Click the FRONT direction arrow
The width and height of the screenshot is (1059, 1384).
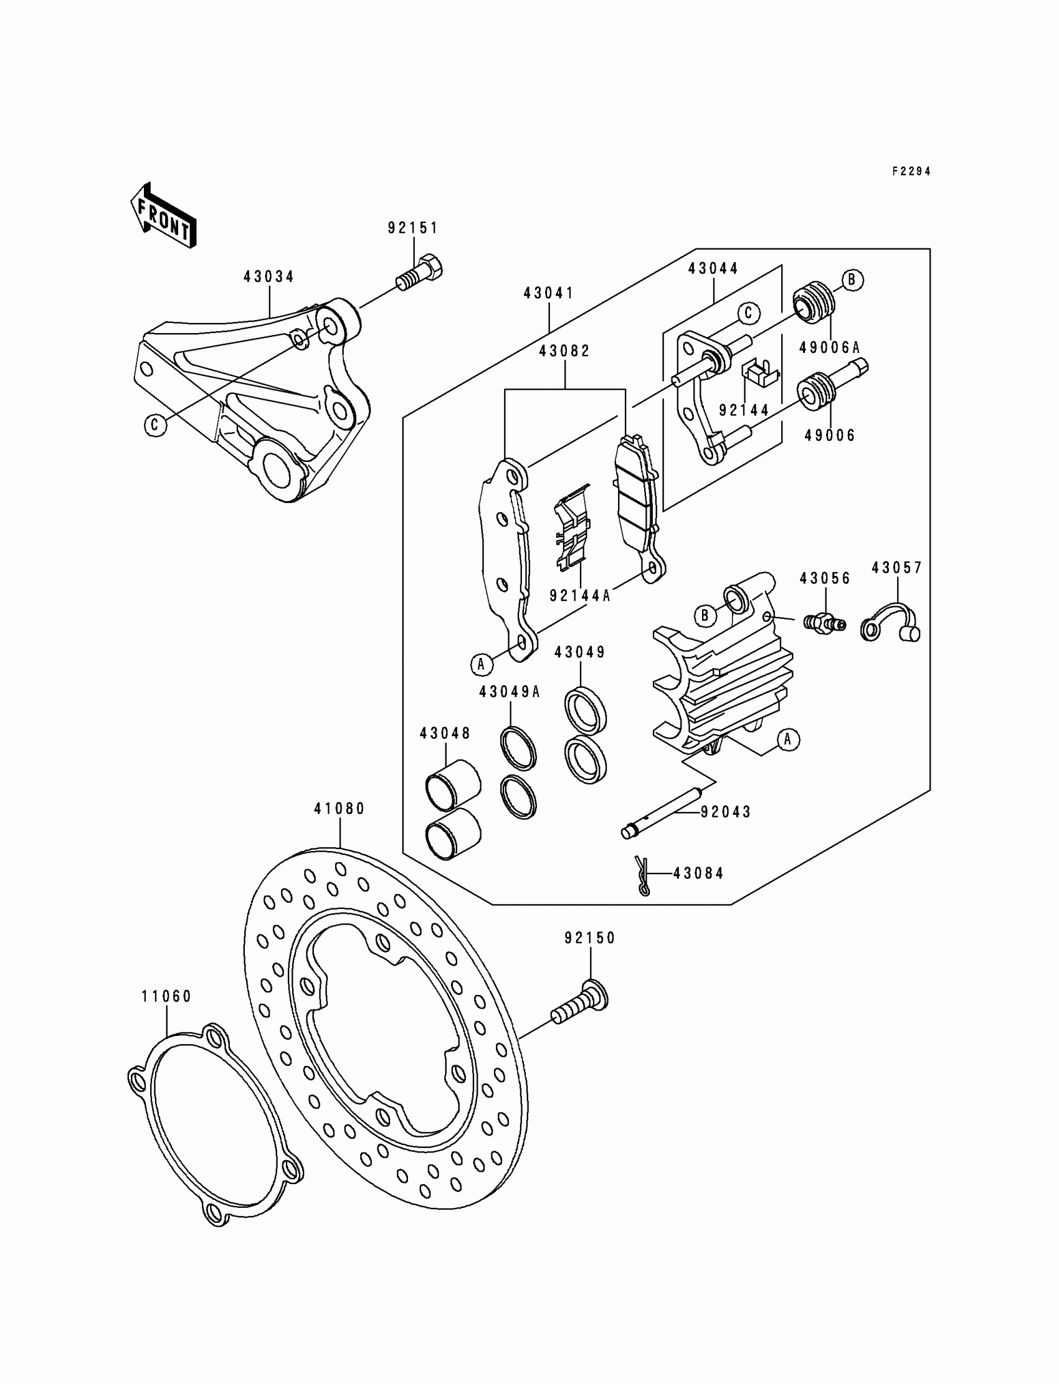pyautogui.click(x=163, y=216)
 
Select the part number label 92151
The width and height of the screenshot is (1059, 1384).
pyautogui.click(x=412, y=228)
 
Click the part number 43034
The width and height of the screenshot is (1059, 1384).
pyautogui.click(x=269, y=276)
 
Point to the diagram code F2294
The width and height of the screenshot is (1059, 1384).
pyautogui.click(x=911, y=171)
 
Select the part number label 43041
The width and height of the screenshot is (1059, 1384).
pyautogui.click(x=548, y=294)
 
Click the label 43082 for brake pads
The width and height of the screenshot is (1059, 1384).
pyautogui.click(x=564, y=351)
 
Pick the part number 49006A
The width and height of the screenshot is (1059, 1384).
pyautogui.click(x=829, y=347)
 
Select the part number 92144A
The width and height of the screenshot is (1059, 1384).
pyautogui.click(x=580, y=595)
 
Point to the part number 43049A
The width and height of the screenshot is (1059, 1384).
pyautogui.click(x=510, y=692)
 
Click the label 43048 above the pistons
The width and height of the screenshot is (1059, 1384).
pyautogui.click(x=445, y=733)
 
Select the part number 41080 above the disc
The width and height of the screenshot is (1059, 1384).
pyautogui.click(x=340, y=809)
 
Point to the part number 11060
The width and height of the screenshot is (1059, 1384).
pyautogui.click(x=166, y=996)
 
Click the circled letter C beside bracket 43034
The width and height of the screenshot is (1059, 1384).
pyautogui.click(x=155, y=425)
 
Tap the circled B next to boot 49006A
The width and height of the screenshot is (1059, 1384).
pyautogui.click(x=852, y=279)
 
